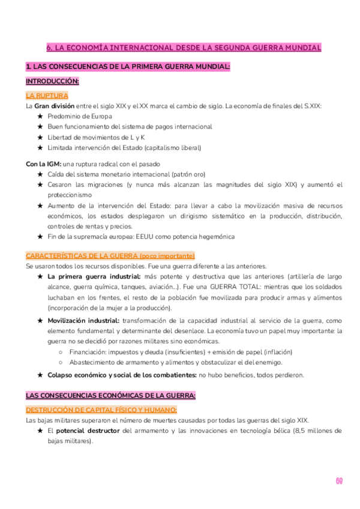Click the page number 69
[x=338, y=481]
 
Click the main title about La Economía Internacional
[x=184, y=47]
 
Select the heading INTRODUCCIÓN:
[x=52, y=81]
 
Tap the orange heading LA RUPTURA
[x=47, y=95]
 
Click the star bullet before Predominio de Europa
[x=40, y=116]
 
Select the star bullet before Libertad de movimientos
[x=40, y=137]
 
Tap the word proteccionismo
[x=70, y=195]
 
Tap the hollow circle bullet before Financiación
[x=61, y=352]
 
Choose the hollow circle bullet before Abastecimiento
[x=61, y=362]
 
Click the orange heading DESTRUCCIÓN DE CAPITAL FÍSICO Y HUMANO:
[x=101, y=409]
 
